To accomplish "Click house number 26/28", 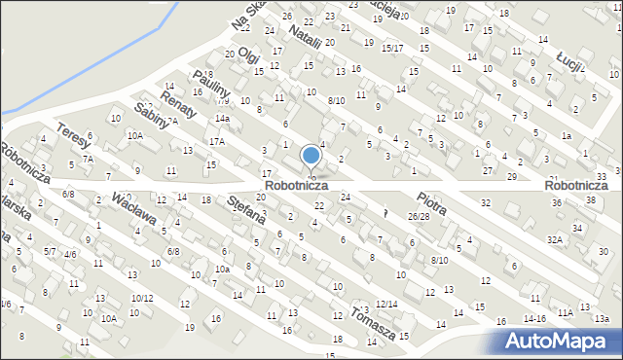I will pyautogui.click(x=418, y=216).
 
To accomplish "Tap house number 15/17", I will pyautogui.click(x=392, y=48).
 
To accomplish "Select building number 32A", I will pyautogui.click(x=555, y=238).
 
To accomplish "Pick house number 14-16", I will pyautogui.click(x=533, y=318).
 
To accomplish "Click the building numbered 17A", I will pyautogui.click(x=216, y=141).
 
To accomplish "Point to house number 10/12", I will pyautogui.click(x=142, y=298).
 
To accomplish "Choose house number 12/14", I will pyautogui.click(x=386, y=304).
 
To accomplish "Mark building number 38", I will pyautogui.click(x=590, y=199).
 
